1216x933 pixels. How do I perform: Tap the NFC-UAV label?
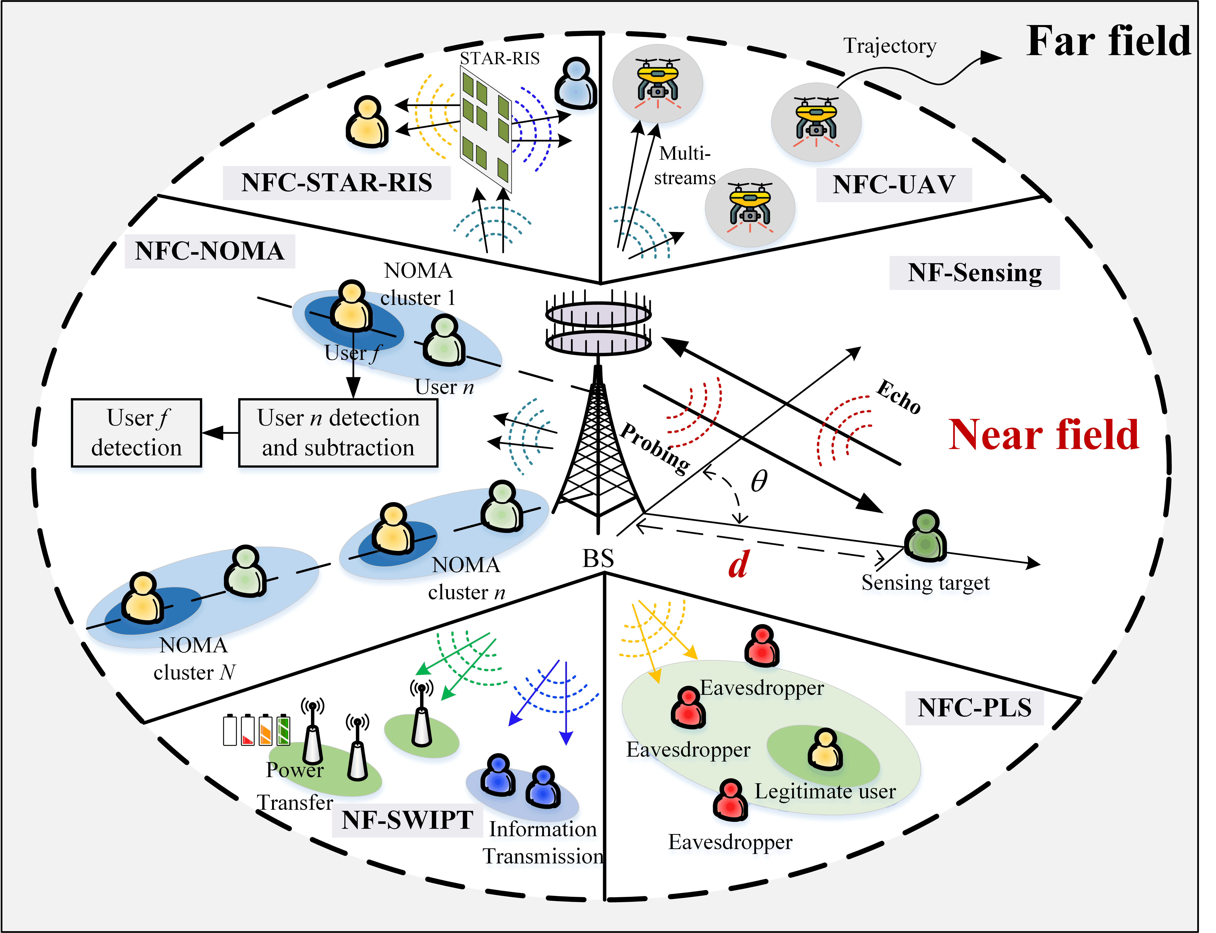(894, 184)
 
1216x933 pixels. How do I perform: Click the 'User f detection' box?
(137, 433)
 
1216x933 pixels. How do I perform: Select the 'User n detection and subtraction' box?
(338, 433)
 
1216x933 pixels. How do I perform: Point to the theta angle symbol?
(759, 481)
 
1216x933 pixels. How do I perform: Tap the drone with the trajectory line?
(816, 122)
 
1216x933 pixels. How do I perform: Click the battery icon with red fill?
(247, 730)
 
